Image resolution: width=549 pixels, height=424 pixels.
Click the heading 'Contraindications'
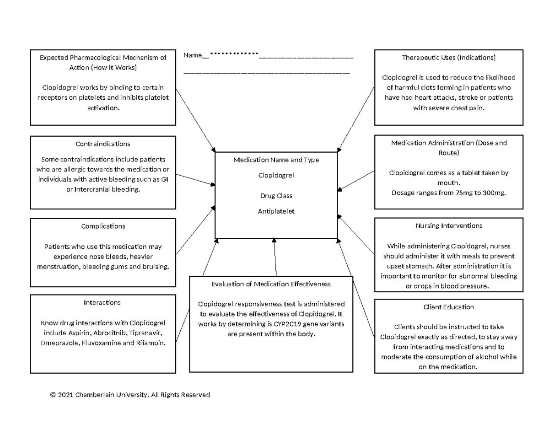click(x=103, y=144)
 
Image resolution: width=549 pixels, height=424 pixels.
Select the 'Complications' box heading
click(x=103, y=226)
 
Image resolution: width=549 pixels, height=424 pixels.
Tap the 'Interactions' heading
click(x=102, y=302)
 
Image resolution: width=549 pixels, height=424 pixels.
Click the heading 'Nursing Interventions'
click(x=449, y=225)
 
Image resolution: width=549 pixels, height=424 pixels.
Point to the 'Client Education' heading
click(x=449, y=307)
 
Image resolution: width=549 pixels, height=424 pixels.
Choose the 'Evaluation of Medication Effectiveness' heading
click(x=271, y=284)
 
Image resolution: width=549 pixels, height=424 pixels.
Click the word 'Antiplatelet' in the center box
click(x=276, y=211)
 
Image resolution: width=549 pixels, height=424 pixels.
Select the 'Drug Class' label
click(x=276, y=196)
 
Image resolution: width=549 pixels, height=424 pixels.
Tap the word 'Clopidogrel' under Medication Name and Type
click(x=276, y=175)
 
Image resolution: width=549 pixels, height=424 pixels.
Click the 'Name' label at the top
click(x=193, y=55)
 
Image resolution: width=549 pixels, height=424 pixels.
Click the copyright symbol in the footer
click(x=53, y=395)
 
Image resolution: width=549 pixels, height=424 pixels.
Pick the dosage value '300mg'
click(x=493, y=193)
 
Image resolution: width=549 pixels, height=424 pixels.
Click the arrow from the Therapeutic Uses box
click(x=356, y=119)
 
